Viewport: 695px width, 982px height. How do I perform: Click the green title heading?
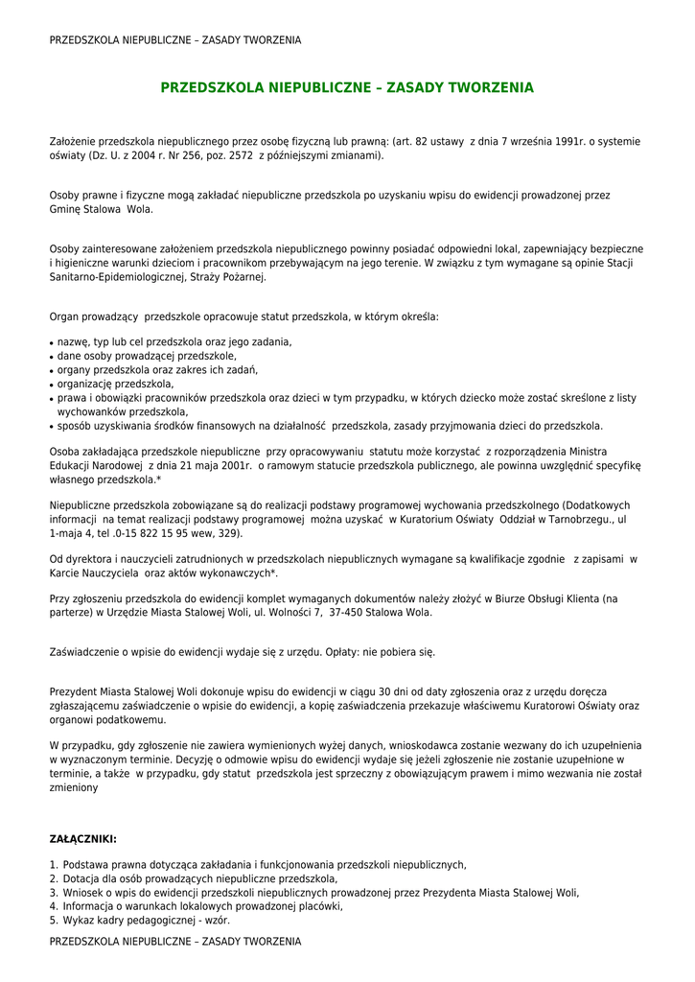coord(347,87)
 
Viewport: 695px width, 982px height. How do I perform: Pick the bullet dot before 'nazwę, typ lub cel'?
coord(51,342)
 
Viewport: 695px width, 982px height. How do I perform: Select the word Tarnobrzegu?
coord(568,519)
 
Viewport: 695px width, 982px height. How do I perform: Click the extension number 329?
coord(229,532)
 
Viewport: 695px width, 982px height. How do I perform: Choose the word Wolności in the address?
coord(280,612)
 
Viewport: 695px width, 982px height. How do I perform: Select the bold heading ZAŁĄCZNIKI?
coord(83,839)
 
